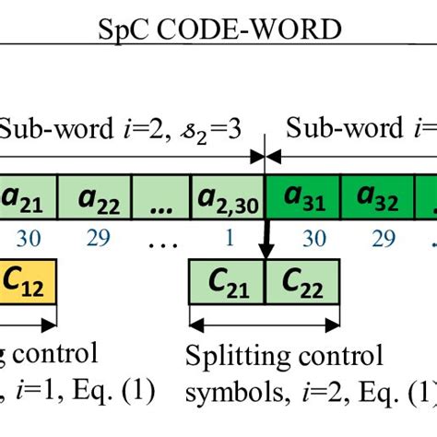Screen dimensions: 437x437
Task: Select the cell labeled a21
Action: (29, 198)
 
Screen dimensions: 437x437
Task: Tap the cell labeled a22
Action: (95, 198)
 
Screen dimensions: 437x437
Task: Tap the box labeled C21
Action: (226, 277)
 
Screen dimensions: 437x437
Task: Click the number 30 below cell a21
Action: (28, 238)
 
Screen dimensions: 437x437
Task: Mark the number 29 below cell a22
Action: (95, 238)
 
